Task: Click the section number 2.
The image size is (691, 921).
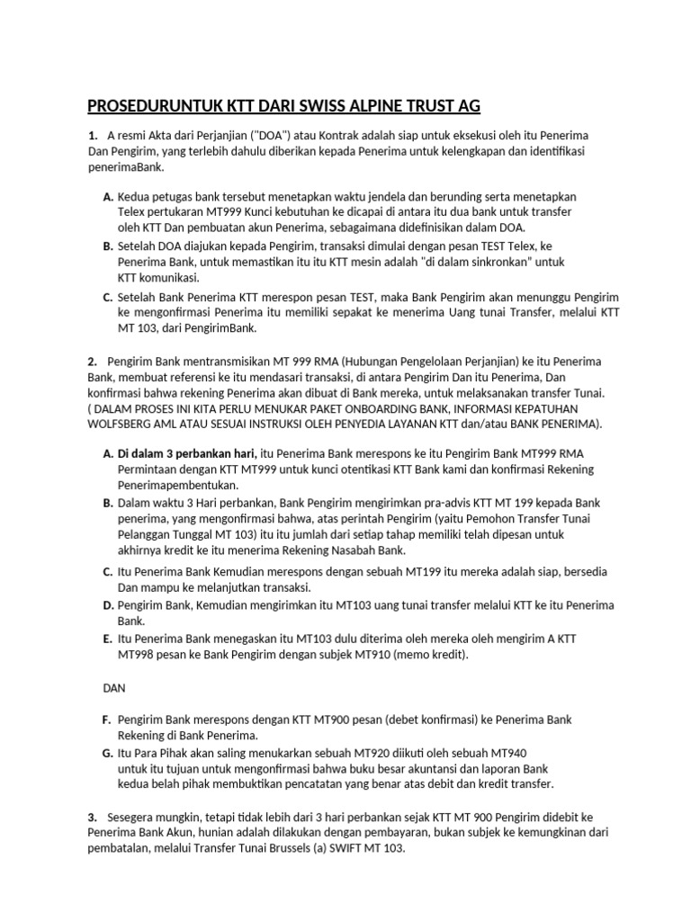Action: pyautogui.click(x=92, y=361)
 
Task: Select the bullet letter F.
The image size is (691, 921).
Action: pyautogui.click(x=107, y=720)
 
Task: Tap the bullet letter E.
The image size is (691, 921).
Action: pyautogui.click(x=107, y=638)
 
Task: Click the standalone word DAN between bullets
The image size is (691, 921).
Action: pyautogui.click(x=112, y=687)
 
